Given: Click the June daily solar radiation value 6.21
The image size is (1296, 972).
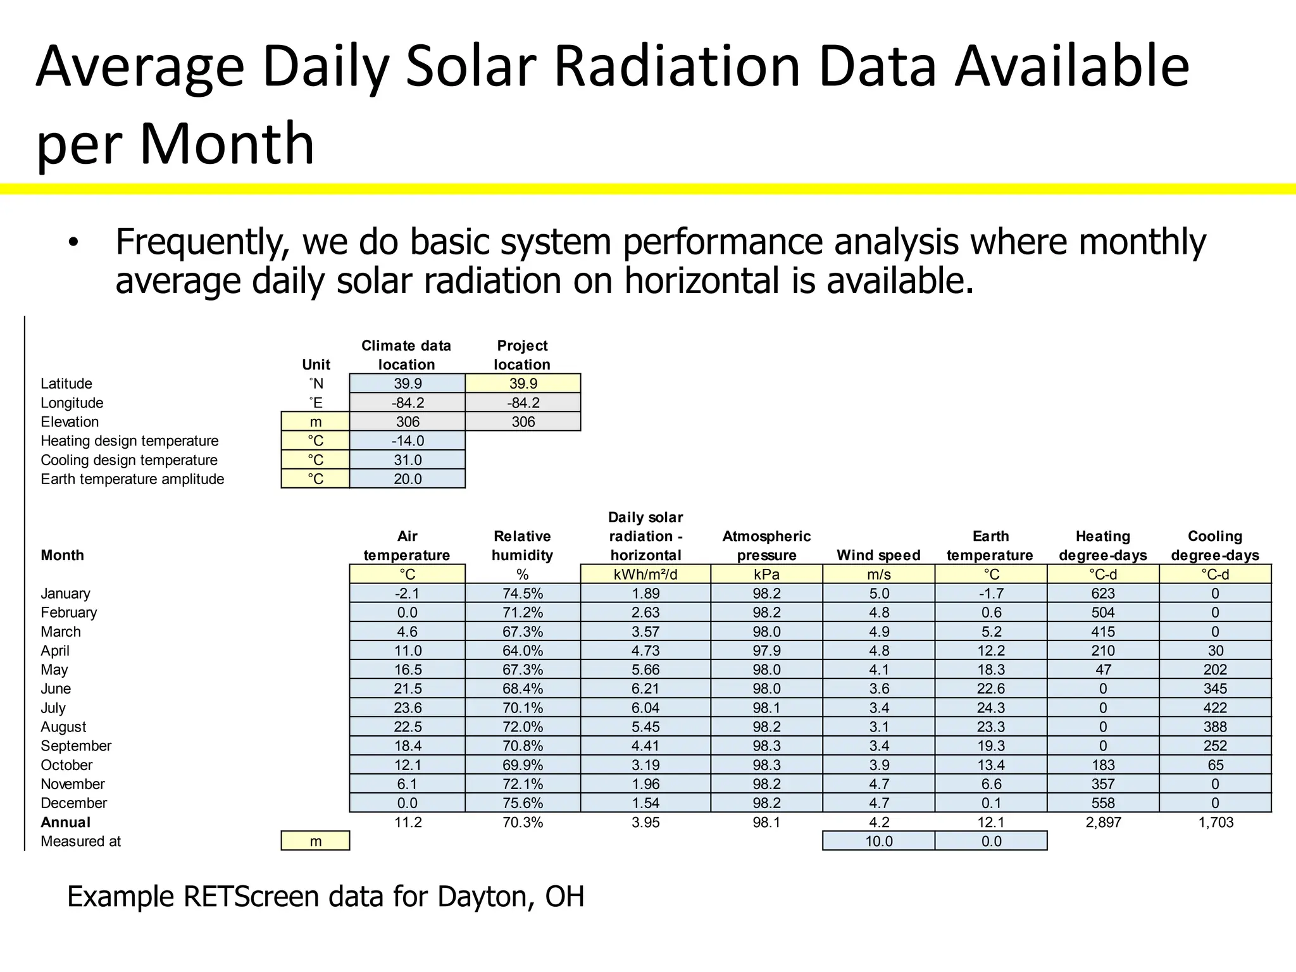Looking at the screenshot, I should click(645, 688).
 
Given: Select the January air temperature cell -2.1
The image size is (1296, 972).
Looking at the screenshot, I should click(407, 594).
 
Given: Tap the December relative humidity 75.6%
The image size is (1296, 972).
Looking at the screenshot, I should click(523, 803).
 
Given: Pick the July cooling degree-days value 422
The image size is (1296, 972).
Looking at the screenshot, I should click(1215, 708).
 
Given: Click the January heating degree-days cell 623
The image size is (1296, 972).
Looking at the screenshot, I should click(1103, 594).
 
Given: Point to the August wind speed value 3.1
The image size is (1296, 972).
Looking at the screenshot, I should click(879, 727).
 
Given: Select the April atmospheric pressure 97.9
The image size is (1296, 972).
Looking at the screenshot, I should click(766, 651).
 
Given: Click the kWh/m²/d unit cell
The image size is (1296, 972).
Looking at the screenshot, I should click(645, 575).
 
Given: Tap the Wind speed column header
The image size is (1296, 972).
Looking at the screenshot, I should click(878, 556).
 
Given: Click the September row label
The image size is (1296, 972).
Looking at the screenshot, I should click(76, 746).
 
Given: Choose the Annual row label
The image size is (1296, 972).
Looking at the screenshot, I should click(65, 823).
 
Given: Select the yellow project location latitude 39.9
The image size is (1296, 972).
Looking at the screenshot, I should click(523, 383).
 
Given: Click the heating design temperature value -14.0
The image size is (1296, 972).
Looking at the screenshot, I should click(408, 441).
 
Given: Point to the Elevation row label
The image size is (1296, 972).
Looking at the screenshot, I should click(70, 422).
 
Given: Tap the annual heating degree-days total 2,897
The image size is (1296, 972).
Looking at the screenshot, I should click(1103, 823).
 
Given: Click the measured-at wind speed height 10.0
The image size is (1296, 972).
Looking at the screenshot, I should click(879, 842).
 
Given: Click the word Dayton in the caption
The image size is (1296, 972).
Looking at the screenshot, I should click(484, 897).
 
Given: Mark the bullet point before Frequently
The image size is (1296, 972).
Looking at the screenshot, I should click(74, 243).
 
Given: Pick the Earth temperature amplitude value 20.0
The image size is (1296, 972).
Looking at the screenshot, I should click(408, 479).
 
